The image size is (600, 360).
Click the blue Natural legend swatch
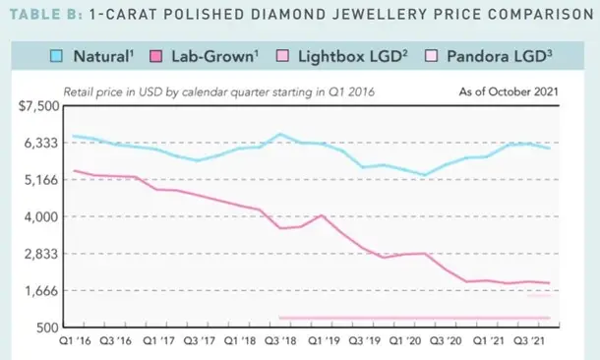click(56, 56)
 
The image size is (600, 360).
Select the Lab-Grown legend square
click(155, 56)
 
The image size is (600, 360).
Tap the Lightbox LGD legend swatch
click(282, 56)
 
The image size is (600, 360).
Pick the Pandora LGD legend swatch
click(431, 56)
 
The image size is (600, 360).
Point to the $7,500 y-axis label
click(38, 106)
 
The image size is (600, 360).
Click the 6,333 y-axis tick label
click(41, 143)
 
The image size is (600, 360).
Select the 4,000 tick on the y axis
click(41, 217)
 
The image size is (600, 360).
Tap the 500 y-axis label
click(48, 328)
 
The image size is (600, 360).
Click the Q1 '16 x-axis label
click(75, 340)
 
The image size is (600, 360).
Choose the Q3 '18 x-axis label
click(280, 340)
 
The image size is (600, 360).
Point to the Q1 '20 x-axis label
click(405, 340)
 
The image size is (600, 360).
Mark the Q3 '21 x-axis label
click(528, 340)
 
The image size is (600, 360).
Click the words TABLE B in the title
click(46, 14)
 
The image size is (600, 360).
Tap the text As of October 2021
click(509, 91)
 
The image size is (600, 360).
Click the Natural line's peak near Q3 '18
click(280, 134)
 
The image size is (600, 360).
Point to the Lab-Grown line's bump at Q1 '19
click(322, 215)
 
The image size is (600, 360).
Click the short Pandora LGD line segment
click(539, 295)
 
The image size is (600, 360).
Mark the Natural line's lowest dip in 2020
click(425, 175)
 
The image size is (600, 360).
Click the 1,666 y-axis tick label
click(41, 291)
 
